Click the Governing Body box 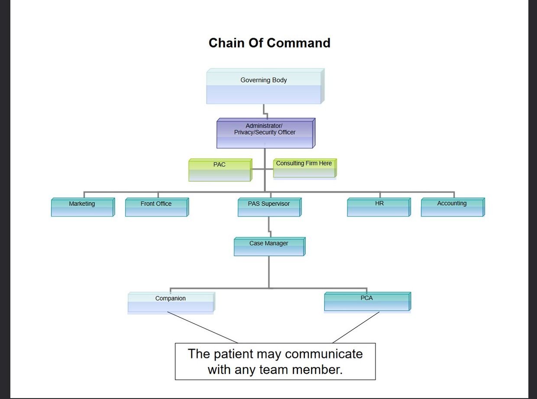[x=265, y=86]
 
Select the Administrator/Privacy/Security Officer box [x=266, y=133]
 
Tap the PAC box [x=220, y=170]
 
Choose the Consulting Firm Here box [x=305, y=168]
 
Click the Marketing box [x=83, y=207]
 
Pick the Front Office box [x=157, y=207]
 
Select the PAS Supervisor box [x=270, y=207]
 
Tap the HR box [x=379, y=207]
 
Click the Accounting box [x=453, y=207]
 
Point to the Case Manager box [x=270, y=247]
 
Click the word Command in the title [x=298, y=43]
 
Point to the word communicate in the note [x=323, y=354]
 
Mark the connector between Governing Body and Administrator [x=265, y=112]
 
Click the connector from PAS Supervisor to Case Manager [x=269, y=227]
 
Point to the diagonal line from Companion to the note [x=202, y=327]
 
